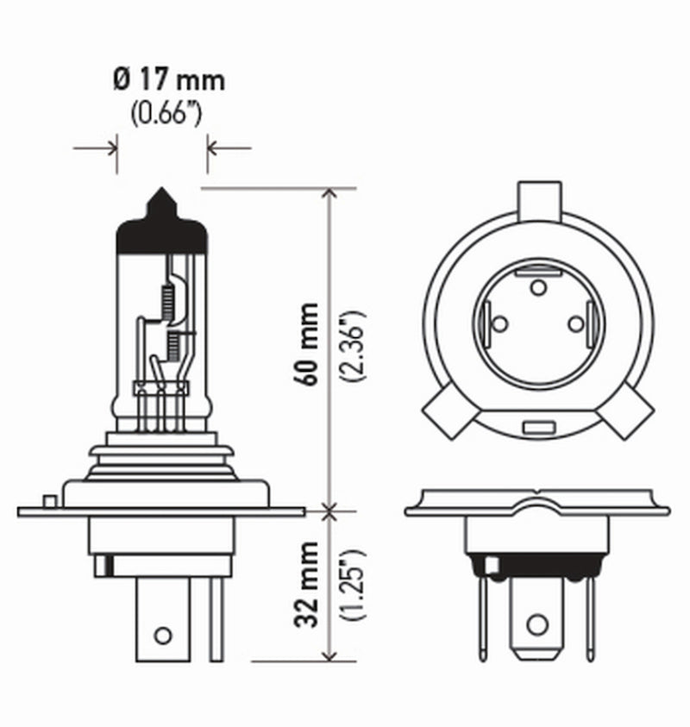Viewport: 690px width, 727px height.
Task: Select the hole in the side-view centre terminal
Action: (x=162, y=636)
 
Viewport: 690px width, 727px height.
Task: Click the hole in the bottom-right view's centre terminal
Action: (x=537, y=622)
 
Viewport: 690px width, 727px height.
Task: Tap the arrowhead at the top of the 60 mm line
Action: (x=330, y=194)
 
